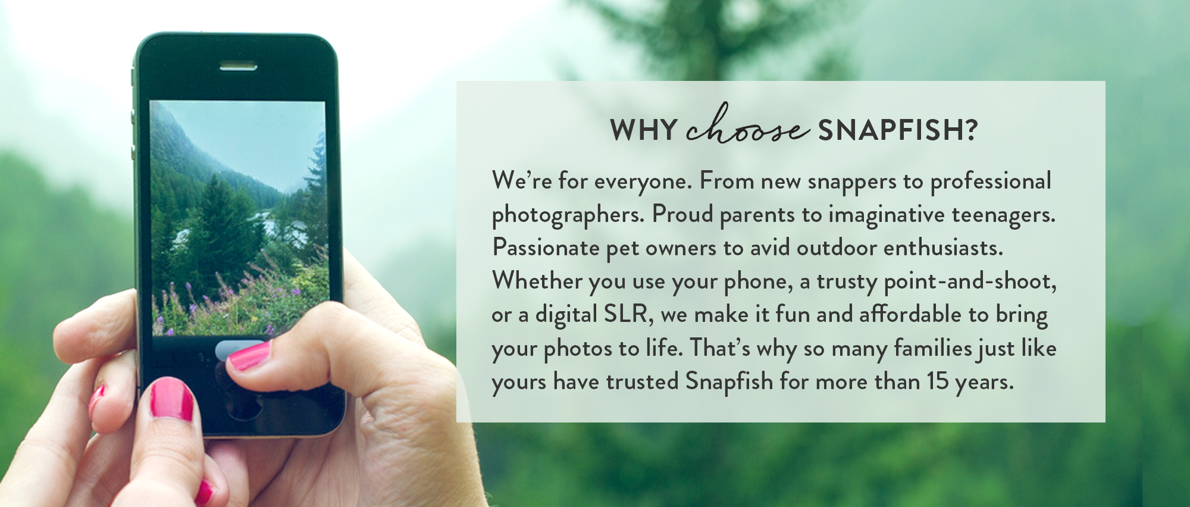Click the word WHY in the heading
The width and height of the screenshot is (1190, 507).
tap(644, 130)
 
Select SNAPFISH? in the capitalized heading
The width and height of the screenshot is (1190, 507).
tap(897, 130)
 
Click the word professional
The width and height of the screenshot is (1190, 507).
tap(991, 181)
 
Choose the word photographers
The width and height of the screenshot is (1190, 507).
tap(568, 215)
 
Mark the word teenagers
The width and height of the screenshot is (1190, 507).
tap(1003, 215)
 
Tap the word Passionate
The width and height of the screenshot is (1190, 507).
tap(546, 248)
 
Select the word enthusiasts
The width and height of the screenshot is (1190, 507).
tap(942, 248)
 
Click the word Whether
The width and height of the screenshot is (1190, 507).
tap(537, 281)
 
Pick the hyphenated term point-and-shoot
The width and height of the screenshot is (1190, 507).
tap(970, 281)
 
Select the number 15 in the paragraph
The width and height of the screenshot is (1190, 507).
tap(937, 381)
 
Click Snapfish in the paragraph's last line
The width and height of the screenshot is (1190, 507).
tap(729, 381)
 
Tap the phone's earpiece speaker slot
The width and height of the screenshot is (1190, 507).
tap(238, 66)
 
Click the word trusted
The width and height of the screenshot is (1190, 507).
tap(642, 381)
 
